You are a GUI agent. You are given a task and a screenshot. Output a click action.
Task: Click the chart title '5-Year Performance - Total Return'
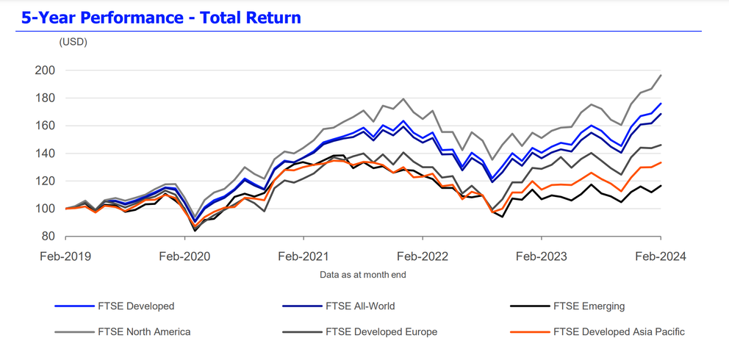click(161, 17)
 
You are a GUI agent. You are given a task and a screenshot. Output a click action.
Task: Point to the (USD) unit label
click(73, 42)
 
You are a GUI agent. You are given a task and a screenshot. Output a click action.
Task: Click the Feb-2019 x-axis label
click(65, 256)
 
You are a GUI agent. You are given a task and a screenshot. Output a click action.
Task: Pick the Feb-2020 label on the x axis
click(184, 256)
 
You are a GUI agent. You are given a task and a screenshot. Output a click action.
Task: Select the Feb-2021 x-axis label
click(304, 256)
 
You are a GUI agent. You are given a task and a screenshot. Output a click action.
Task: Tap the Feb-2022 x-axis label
click(423, 256)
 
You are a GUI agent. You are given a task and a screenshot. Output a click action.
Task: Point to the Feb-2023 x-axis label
click(542, 256)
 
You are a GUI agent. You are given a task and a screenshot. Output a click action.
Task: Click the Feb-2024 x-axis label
click(660, 256)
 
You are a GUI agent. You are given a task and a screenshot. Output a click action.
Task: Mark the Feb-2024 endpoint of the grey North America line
click(661, 75)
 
